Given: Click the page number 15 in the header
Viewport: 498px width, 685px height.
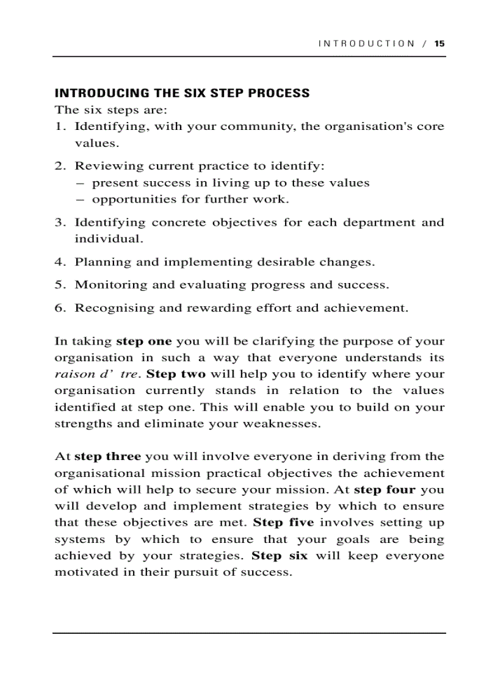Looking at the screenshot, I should pos(439,43).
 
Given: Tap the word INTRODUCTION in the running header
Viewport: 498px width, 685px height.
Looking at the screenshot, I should pos(366,43).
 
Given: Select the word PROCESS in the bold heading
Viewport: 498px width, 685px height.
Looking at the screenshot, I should pos(280,93).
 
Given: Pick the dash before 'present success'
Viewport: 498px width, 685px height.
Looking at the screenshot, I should pos(80,183).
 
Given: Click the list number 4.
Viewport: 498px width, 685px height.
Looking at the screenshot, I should pos(59,262).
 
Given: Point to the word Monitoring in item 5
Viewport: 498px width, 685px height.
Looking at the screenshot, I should pos(109,285).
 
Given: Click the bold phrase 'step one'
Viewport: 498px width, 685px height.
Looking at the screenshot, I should pos(143,342).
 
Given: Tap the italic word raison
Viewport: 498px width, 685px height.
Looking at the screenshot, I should pos(71,375).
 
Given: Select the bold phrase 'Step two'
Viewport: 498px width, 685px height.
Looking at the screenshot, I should pos(176,375).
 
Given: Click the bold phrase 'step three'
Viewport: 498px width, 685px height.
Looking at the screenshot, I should pos(107,457).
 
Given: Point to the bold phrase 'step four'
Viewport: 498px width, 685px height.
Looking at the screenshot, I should pos(384,490).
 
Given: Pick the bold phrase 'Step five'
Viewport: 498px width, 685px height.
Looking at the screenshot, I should pos(283,523).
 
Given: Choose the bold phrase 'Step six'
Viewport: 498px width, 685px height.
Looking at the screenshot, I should pos(280,556).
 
